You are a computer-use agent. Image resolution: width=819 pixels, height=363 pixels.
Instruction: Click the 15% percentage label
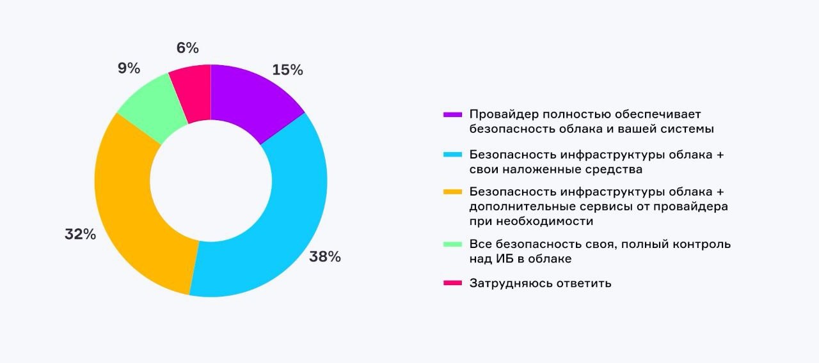pyautogui.click(x=287, y=70)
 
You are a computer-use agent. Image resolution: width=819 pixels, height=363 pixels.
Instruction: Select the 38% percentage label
pyautogui.click(x=325, y=257)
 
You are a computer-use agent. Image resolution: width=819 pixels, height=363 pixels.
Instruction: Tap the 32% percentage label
pyautogui.click(x=80, y=235)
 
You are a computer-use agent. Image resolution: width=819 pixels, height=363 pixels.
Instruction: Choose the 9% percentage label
pyautogui.click(x=129, y=68)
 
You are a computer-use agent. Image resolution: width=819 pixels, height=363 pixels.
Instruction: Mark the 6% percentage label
pyautogui.click(x=187, y=48)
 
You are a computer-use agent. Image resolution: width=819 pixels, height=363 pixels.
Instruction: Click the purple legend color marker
pyautogui.click(x=452, y=115)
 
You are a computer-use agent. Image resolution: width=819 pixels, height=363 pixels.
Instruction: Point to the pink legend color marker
pyautogui.click(x=452, y=283)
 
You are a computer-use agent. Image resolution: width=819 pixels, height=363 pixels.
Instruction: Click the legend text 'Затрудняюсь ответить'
pyautogui.click(x=540, y=283)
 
